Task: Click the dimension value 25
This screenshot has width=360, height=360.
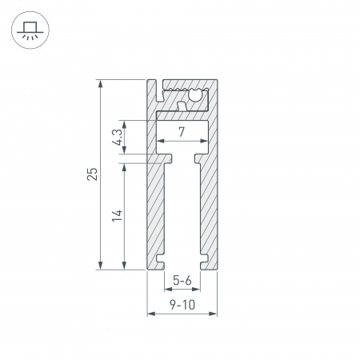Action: (93, 174)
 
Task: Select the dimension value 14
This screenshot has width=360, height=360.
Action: (117, 214)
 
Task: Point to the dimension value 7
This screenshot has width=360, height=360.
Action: (182, 131)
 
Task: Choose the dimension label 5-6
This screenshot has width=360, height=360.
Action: (182, 281)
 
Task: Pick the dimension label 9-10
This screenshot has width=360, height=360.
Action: (182, 304)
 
